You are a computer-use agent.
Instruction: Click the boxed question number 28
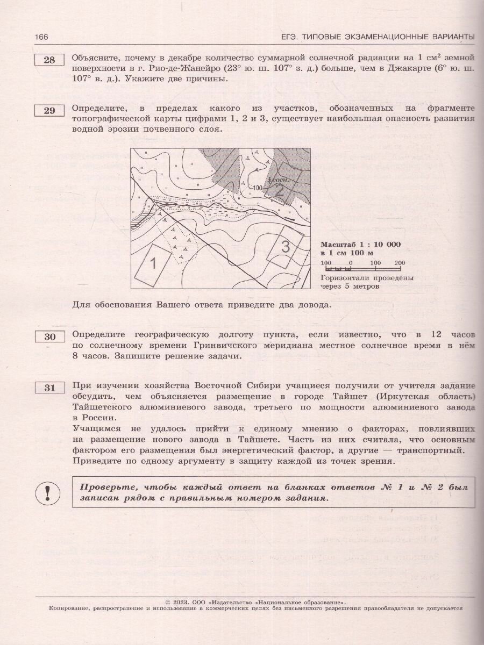click(x=49, y=60)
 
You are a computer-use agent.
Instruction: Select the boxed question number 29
click(x=49, y=111)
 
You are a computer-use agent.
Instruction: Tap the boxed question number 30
click(x=49, y=336)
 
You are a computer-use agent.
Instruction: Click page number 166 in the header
click(x=41, y=37)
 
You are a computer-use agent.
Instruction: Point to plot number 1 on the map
click(x=153, y=263)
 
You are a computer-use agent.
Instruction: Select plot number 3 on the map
click(x=286, y=247)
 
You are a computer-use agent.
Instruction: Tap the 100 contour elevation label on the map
click(x=257, y=188)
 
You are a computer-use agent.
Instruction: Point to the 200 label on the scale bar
click(x=399, y=262)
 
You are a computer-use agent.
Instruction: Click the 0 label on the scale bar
click(x=350, y=262)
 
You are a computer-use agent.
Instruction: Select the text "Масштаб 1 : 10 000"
click(x=360, y=244)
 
